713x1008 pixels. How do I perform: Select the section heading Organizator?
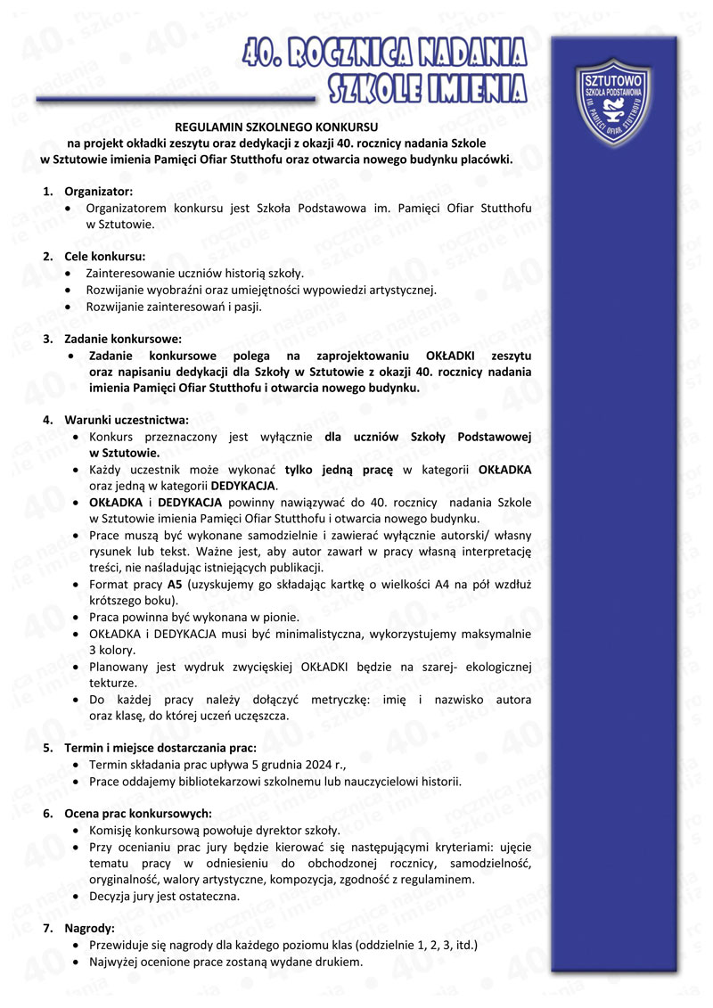pyautogui.click(x=98, y=192)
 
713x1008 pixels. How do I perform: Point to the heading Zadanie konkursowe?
pyautogui.click(x=122, y=339)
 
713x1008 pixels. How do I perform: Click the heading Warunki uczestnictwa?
pyautogui.click(x=126, y=420)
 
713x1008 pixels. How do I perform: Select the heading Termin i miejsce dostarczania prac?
pyautogui.click(x=160, y=747)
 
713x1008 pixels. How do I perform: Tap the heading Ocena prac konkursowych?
pyautogui.click(x=137, y=813)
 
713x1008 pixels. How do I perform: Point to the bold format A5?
pyautogui.click(x=175, y=585)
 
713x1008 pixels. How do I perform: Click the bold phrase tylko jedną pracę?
pyautogui.click(x=340, y=470)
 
